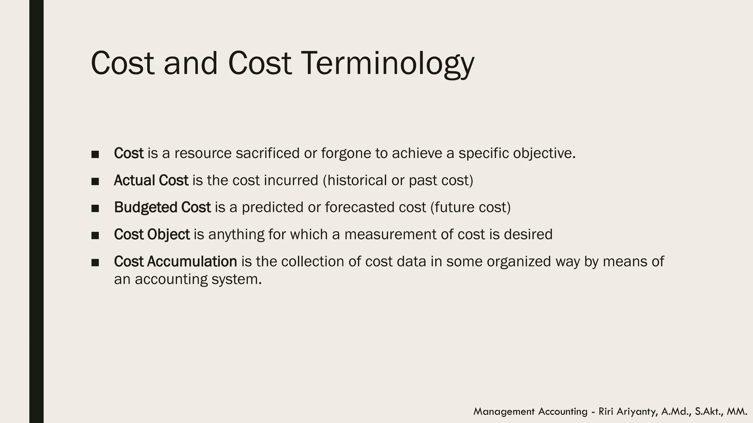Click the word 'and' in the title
pos(190,63)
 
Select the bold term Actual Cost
pos(151,180)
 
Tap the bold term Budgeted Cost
pos(162,207)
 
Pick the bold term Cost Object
pos(151,234)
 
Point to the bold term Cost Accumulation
pos(175,261)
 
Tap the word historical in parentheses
pos(356,180)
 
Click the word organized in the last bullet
pos(519,261)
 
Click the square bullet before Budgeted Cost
pos(95,208)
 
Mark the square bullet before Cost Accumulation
pos(95,262)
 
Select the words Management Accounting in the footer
pos(530,412)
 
